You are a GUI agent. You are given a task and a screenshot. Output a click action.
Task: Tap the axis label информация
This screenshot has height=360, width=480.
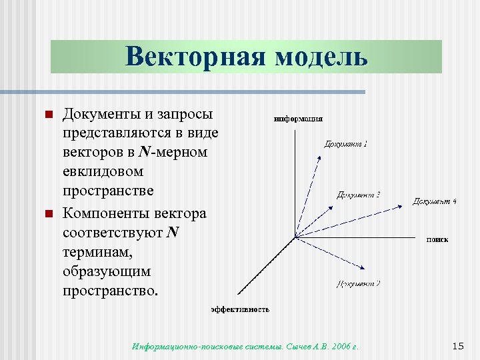[x=299, y=119]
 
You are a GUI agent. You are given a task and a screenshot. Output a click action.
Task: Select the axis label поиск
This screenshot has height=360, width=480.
[x=437, y=239]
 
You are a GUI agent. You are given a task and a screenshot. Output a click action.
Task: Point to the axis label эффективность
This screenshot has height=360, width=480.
[x=241, y=309]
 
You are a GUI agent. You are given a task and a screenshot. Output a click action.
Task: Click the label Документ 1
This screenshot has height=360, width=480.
[x=346, y=143]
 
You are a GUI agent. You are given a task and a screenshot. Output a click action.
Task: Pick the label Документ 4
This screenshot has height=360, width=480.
[x=435, y=201]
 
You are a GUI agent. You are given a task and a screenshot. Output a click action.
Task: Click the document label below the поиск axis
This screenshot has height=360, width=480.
[x=359, y=283]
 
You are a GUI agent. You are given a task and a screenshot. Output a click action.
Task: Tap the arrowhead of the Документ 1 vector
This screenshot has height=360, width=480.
[x=321, y=158]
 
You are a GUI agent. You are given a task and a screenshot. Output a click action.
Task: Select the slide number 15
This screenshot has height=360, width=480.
[x=457, y=345]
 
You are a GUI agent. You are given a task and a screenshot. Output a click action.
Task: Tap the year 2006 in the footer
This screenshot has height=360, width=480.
[x=339, y=347]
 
